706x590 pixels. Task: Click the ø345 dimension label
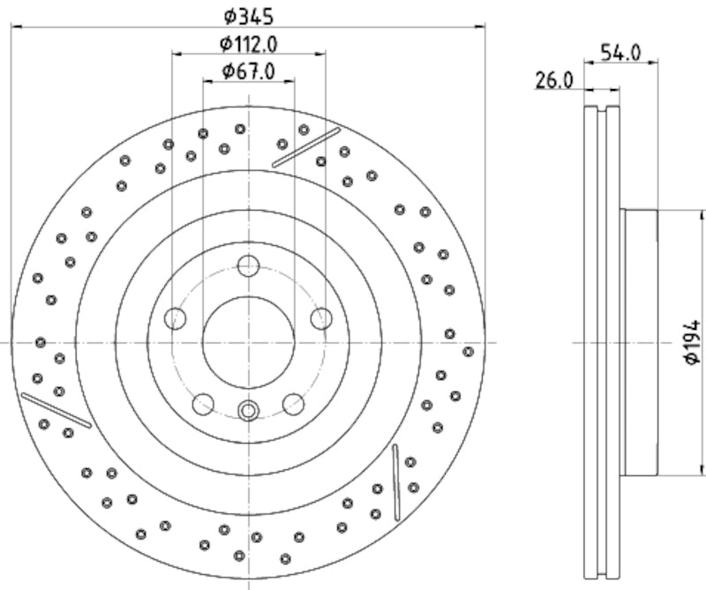point(248,15)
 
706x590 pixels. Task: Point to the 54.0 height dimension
point(620,52)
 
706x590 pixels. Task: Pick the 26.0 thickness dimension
point(554,80)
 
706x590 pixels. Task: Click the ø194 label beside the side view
point(693,342)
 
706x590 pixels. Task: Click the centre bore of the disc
point(248,341)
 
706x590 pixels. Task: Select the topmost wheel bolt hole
point(249,265)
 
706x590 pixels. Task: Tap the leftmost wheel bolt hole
point(176,318)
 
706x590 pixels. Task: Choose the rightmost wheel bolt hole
point(321,318)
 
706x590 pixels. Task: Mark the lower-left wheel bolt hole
point(203,404)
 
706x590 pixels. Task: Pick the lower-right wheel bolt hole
point(293,404)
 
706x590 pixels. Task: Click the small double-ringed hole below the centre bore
point(248,410)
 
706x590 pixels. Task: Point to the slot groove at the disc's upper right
point(306,147)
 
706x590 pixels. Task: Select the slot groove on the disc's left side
point(56,410)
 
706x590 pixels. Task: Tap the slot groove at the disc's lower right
point(396,482)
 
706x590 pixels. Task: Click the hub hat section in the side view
point(640,341)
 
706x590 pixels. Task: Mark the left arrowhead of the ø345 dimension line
point(16,26)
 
